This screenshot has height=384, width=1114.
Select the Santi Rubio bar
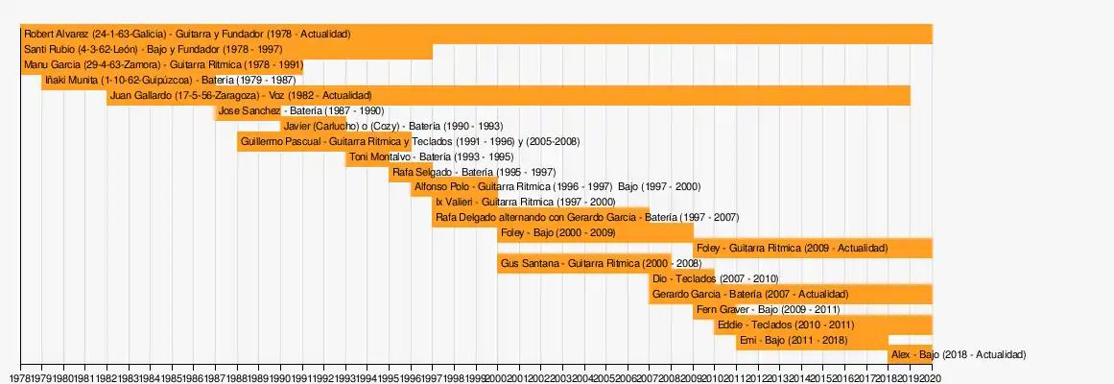tap(226, 49)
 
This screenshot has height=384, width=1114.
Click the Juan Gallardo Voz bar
tap(509, 96)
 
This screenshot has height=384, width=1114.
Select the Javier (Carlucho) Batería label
tap(393, 127)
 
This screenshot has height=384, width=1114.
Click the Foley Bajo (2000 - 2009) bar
tap(595, 232)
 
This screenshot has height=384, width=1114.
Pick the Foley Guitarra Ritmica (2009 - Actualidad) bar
tap(812, 248)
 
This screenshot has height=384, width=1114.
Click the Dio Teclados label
tap(715, 278)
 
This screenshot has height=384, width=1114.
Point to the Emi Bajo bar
tap(812, 340)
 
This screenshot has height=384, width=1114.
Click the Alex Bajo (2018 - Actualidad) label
tap(959, 355)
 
